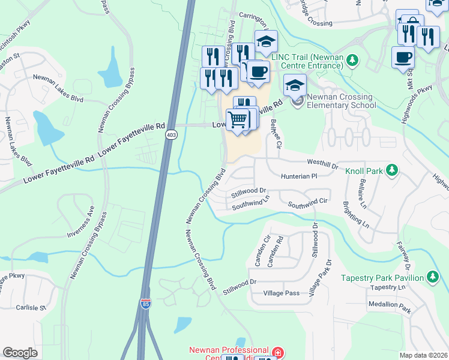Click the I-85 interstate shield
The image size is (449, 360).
pyautogui.click(x=145, y=305)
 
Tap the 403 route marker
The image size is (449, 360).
pyautogui.click(x=172, y=135)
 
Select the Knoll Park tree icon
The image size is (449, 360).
pyautogui.click(x=392, y=170)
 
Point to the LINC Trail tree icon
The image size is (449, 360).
pyautogui.click(x=353, y=60)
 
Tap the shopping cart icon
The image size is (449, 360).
pyautogui.click(x=238, y=119)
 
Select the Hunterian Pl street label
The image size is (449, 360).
pyautogui.click(x=298, y=176)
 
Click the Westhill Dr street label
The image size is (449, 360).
pyautogui.click(x=323, y=163)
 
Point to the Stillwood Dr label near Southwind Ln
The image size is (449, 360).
pyautogui.click(x=249, y=190)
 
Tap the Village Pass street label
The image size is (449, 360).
pyautogui.click(x=281, y=293)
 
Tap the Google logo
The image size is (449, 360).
pyautogui.click(x=20, y=353)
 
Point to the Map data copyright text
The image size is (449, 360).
pyautogui.click(x=423, y=355)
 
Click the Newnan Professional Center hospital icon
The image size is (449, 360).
pyautogui.click(x=277, y=352)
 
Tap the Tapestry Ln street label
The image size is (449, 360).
pyautogui.click(x=388, y=287)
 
